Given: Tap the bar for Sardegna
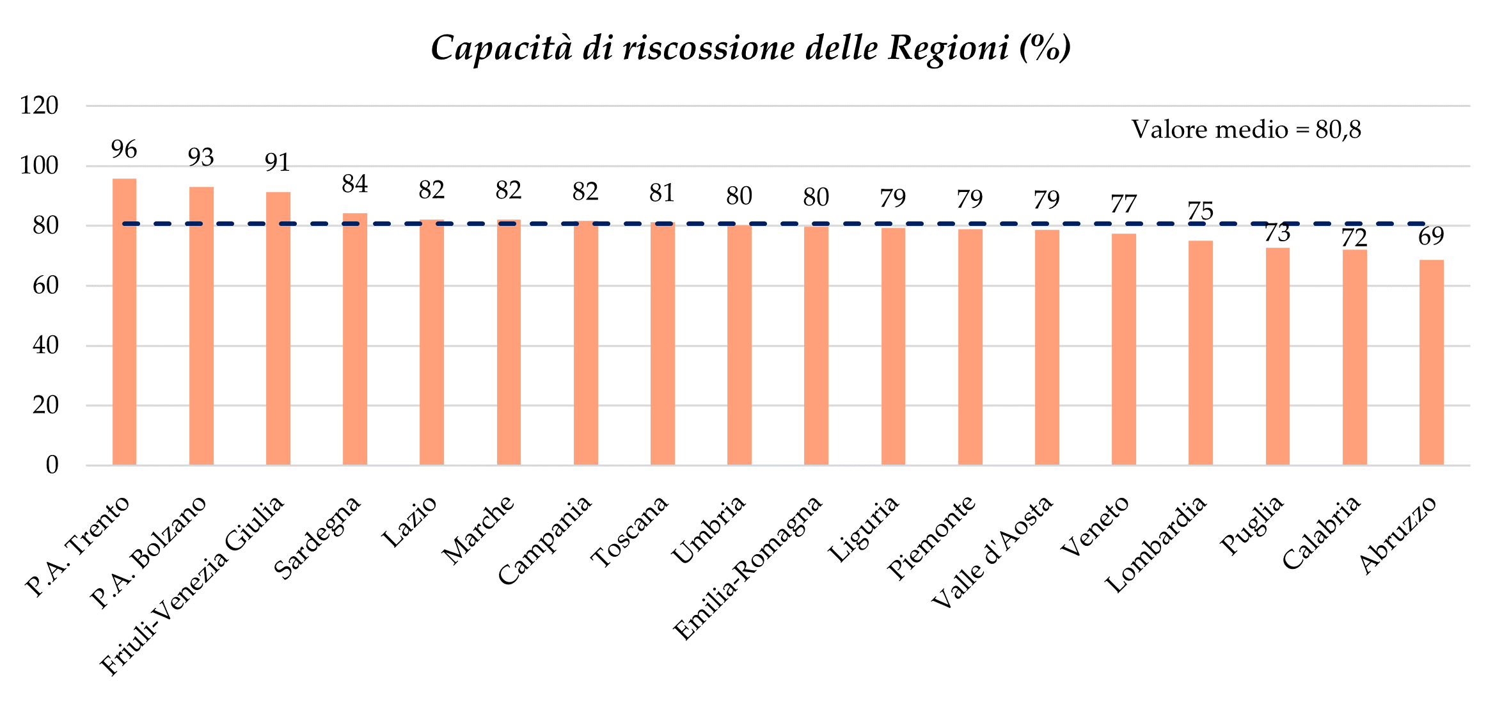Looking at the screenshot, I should (354, 339).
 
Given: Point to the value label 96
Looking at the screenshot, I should (124, 150).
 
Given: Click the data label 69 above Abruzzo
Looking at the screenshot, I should (1431, 237).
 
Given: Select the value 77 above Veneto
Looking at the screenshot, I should (1123, 205).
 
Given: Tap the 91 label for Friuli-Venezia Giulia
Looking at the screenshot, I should (278, 163).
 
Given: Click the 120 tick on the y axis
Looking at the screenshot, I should (39, 106).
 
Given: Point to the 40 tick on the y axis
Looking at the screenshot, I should (45, 346).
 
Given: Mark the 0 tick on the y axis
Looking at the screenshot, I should (52, 465).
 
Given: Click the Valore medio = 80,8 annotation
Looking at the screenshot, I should (1246, 130).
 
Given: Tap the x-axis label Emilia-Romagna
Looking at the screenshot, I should (748, 568).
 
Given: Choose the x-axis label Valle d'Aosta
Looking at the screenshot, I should (992, 552).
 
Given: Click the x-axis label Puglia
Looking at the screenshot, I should (1253, 525).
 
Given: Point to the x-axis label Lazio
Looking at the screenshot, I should (409, 522).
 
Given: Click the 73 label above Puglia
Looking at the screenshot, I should (1277, 234).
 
